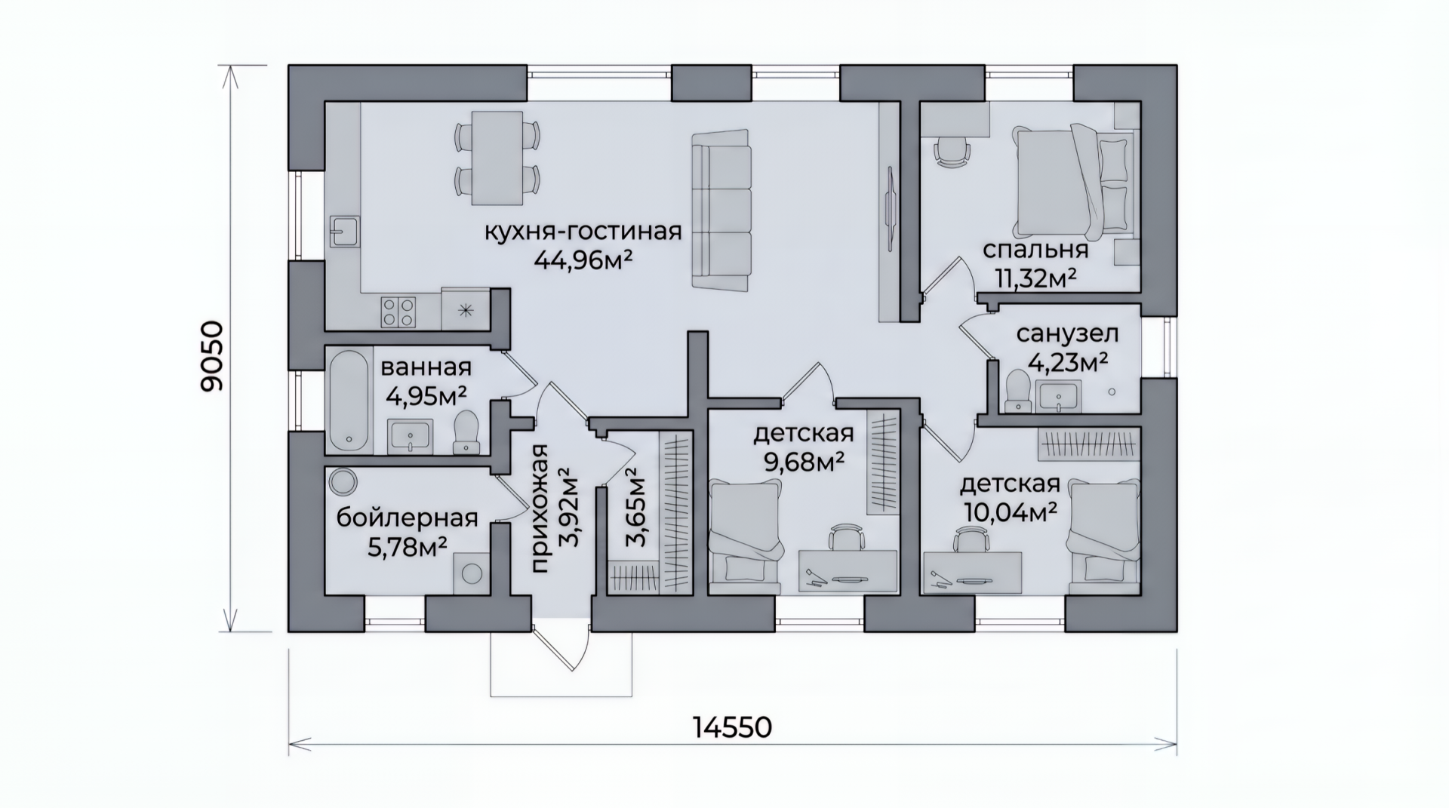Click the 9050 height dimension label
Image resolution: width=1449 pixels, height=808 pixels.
213,356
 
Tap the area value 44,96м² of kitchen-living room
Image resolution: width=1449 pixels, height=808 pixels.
583,260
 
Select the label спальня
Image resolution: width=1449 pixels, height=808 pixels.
1035,251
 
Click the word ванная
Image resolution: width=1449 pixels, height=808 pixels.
426,367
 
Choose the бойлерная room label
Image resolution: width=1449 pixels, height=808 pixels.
407,518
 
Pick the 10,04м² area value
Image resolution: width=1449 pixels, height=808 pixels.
1009,512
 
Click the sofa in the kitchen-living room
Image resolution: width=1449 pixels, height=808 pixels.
721,210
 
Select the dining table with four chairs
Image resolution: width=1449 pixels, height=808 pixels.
497,158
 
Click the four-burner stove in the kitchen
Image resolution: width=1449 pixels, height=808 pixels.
398,312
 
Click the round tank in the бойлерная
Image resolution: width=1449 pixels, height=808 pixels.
344,480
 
